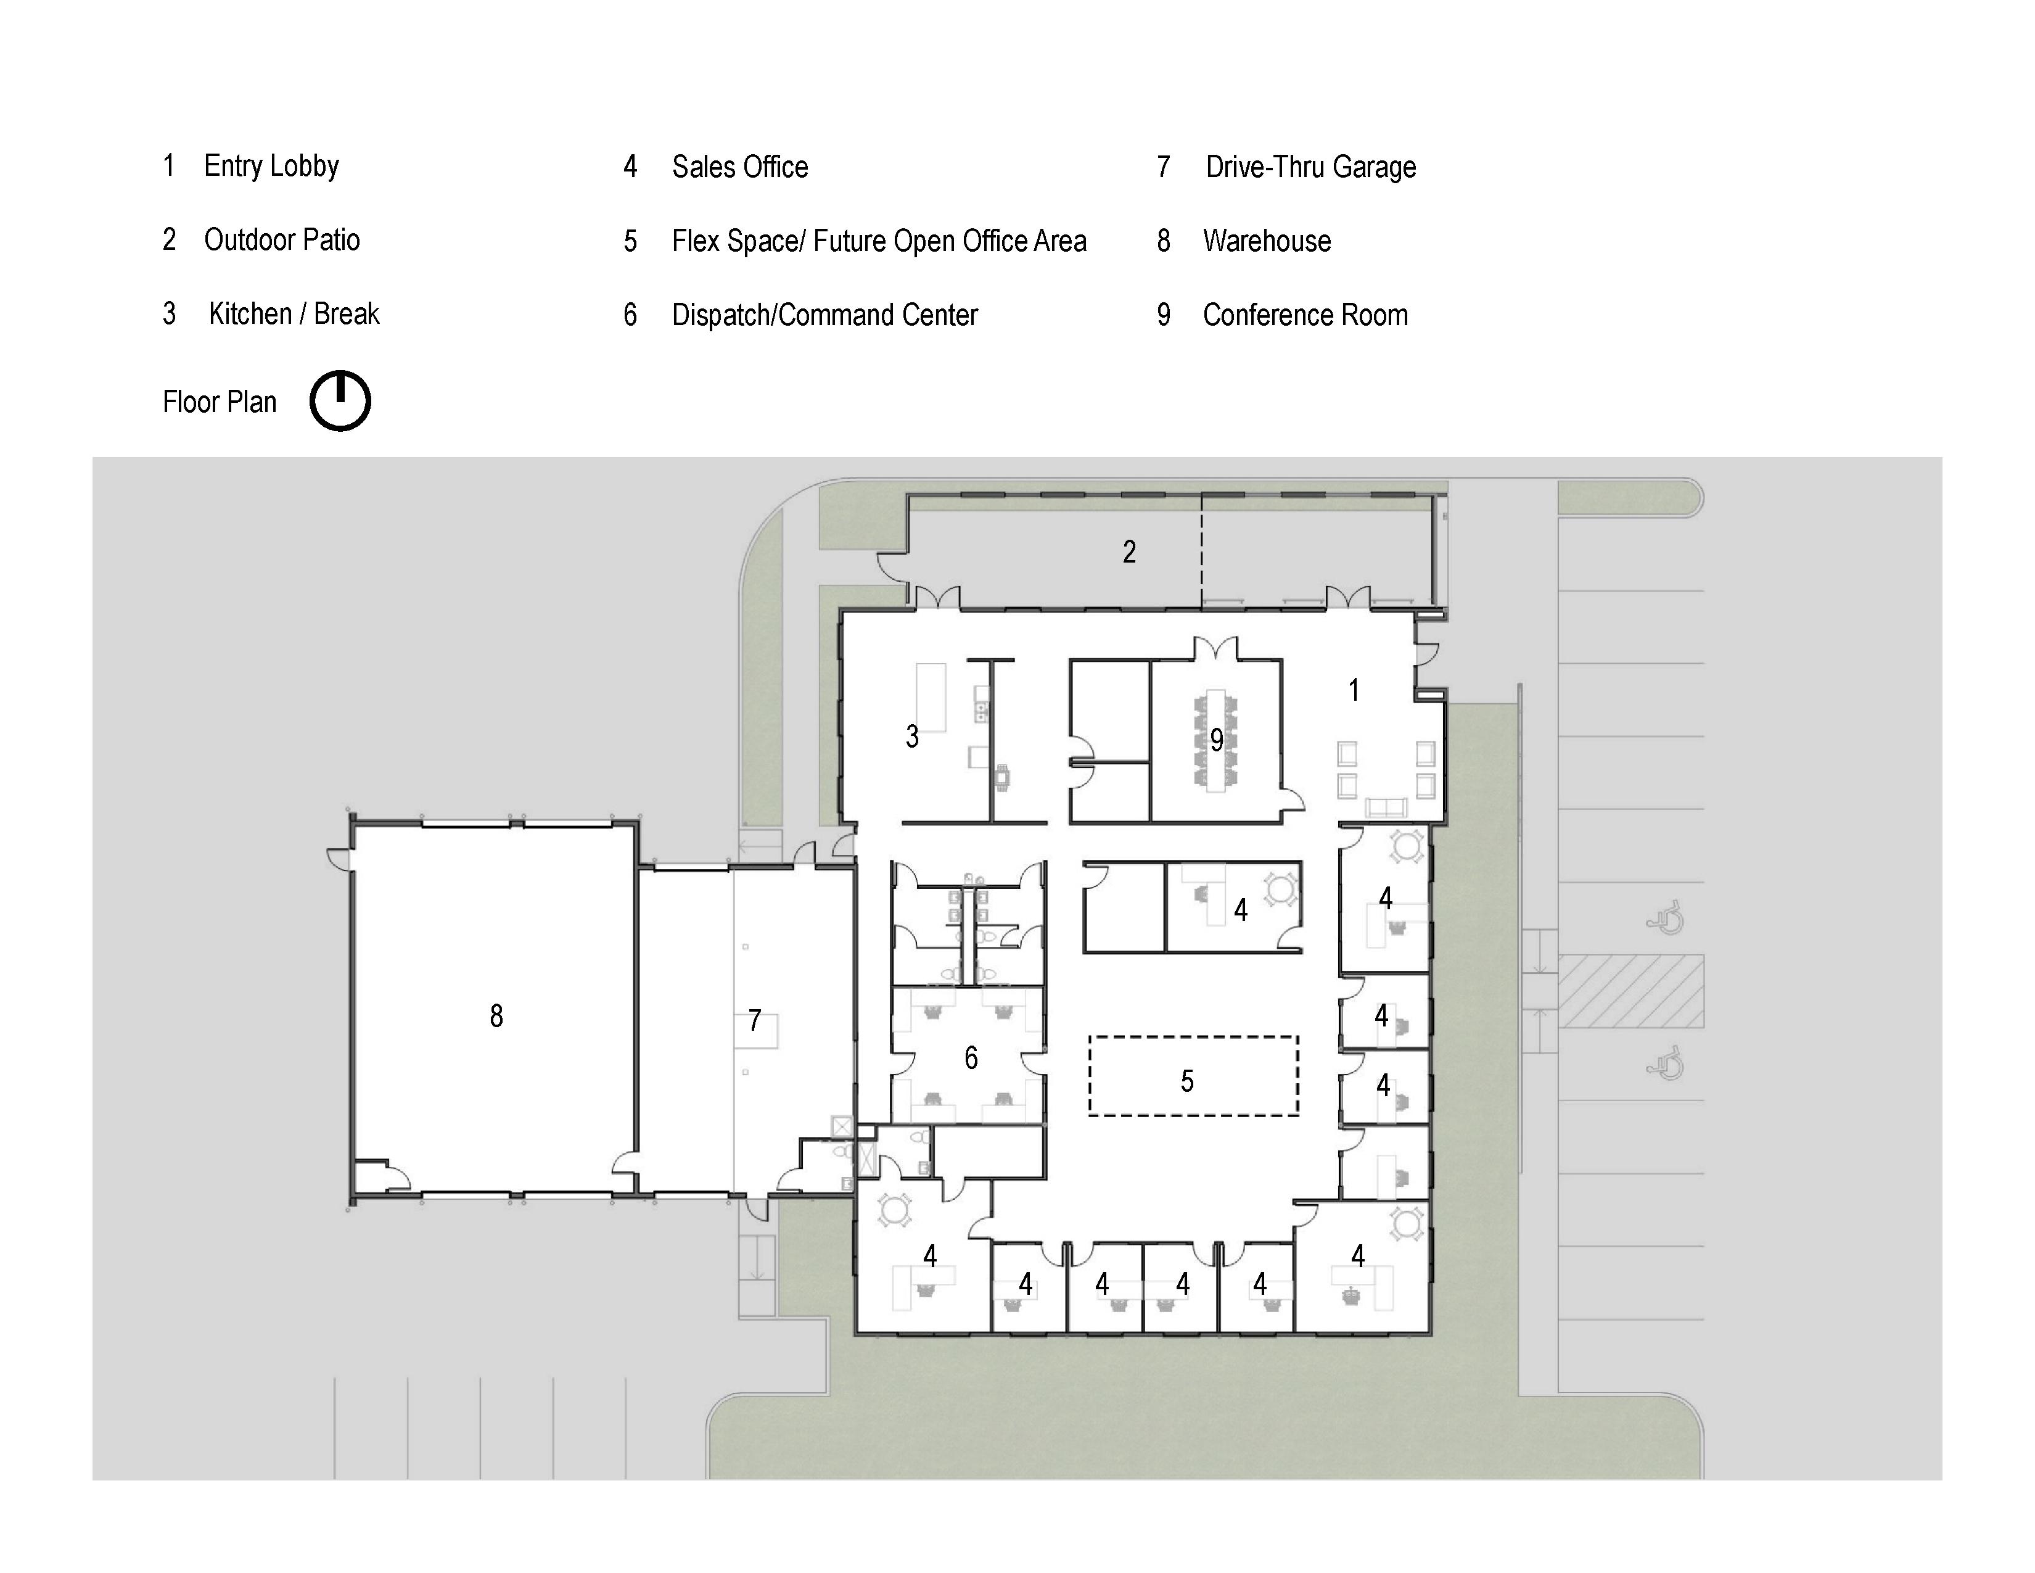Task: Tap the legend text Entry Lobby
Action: [271, 166]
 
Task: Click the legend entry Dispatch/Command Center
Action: [824, 315]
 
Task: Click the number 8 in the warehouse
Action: [496, 1016]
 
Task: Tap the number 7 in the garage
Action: [755, 1020]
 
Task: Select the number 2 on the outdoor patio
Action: [1129, 551]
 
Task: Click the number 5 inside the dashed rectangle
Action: [1187, 1081]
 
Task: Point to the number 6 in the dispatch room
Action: [971, 1058]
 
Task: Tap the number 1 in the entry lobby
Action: [1354, 690]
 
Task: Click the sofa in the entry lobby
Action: [1386, 808]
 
